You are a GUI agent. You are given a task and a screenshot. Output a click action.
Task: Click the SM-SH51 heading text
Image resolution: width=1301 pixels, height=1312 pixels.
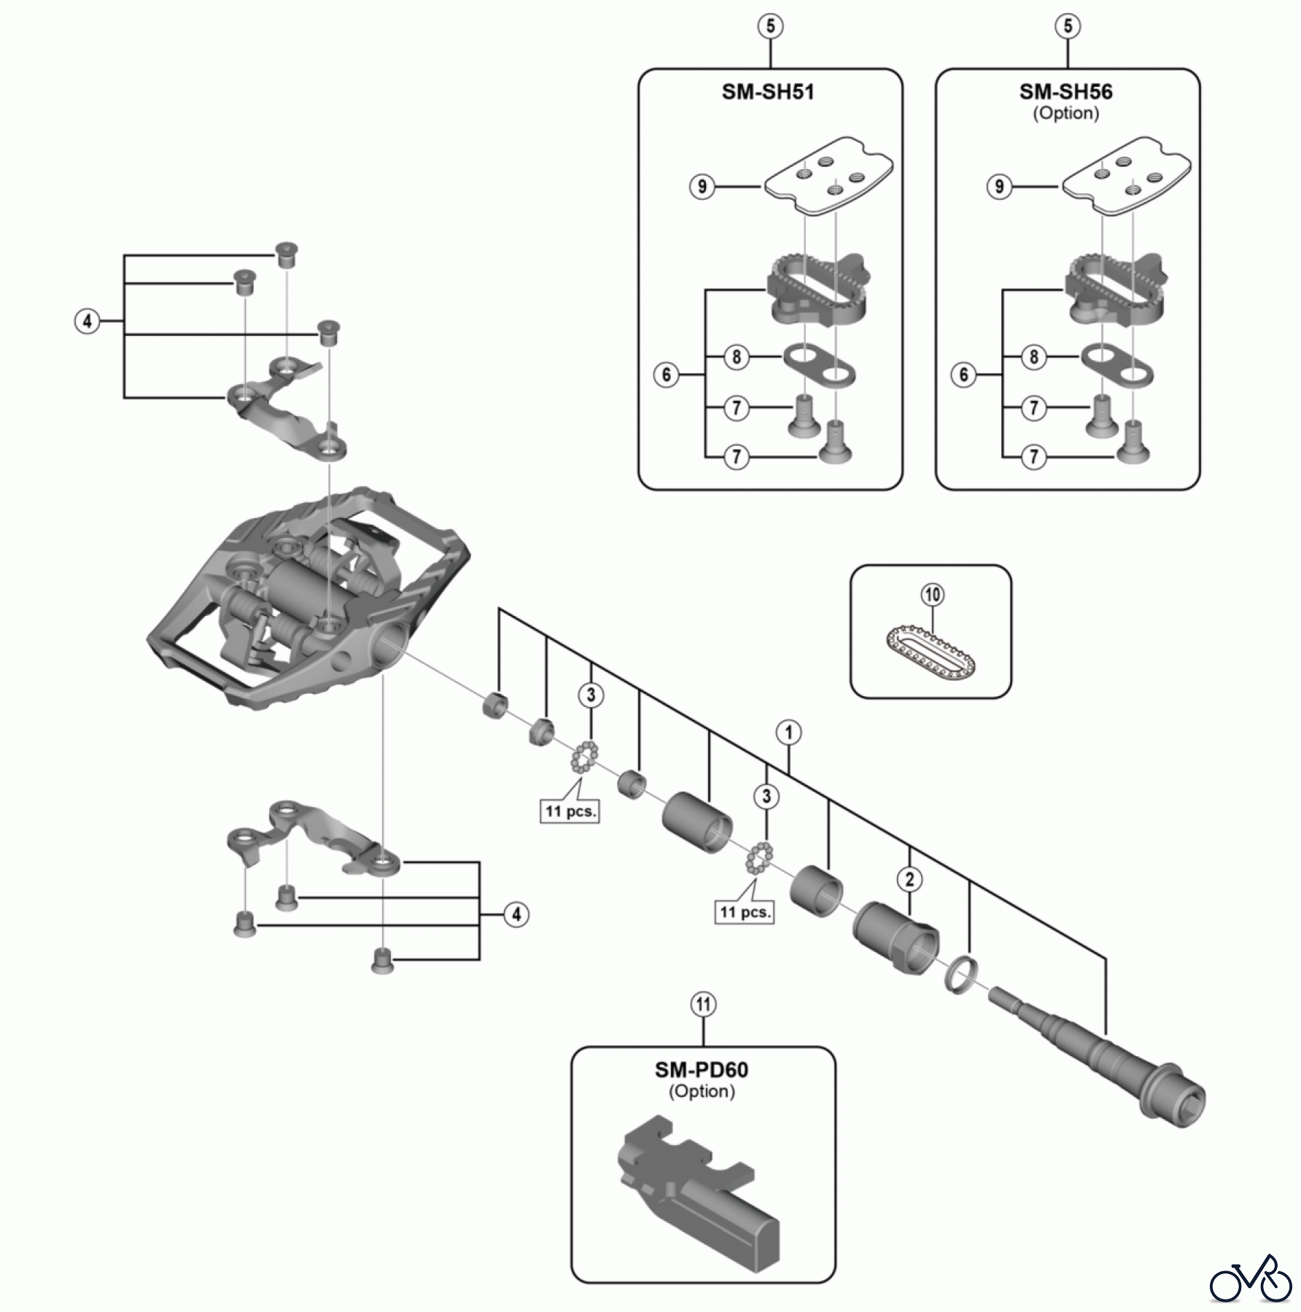(x=768, y=93)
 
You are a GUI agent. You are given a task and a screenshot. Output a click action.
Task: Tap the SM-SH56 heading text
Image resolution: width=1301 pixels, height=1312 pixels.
(x=1065, y=93)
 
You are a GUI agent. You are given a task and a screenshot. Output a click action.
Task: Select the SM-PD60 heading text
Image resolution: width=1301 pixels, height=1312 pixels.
(x=701, y=1070)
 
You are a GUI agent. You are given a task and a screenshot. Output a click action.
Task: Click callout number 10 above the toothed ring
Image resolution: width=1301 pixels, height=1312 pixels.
(x=933, y=595)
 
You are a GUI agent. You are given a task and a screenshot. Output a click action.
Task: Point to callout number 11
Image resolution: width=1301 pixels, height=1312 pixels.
(x=702, y=1005)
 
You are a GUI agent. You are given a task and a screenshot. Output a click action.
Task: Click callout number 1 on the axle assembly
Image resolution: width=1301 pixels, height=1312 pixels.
(x=788, y=732)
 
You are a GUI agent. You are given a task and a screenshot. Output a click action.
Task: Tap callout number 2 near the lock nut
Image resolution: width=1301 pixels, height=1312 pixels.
(x=909, y=879)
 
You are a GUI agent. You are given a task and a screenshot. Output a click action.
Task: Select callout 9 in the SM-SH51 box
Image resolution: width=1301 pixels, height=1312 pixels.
(x=702, y=187)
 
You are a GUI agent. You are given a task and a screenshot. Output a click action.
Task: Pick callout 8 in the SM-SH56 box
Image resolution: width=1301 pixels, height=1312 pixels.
(x=1033, y=357)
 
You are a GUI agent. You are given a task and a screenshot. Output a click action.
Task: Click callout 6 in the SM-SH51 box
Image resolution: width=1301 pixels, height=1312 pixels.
(x=666, y=375)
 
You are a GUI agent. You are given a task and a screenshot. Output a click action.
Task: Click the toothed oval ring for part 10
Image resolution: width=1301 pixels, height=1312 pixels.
(x=931, y=652)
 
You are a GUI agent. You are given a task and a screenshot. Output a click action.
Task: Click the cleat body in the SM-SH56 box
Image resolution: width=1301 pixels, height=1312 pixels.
(x=1115, y=292)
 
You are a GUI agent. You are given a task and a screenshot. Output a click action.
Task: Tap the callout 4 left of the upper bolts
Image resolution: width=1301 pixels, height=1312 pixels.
(x=88, y=321)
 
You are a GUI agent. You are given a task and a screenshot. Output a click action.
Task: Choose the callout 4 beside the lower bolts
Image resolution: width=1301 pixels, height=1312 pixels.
(x=516, y=914)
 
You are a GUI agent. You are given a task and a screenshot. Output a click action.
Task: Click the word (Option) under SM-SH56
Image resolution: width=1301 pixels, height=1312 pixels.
(x=1065, y=114)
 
